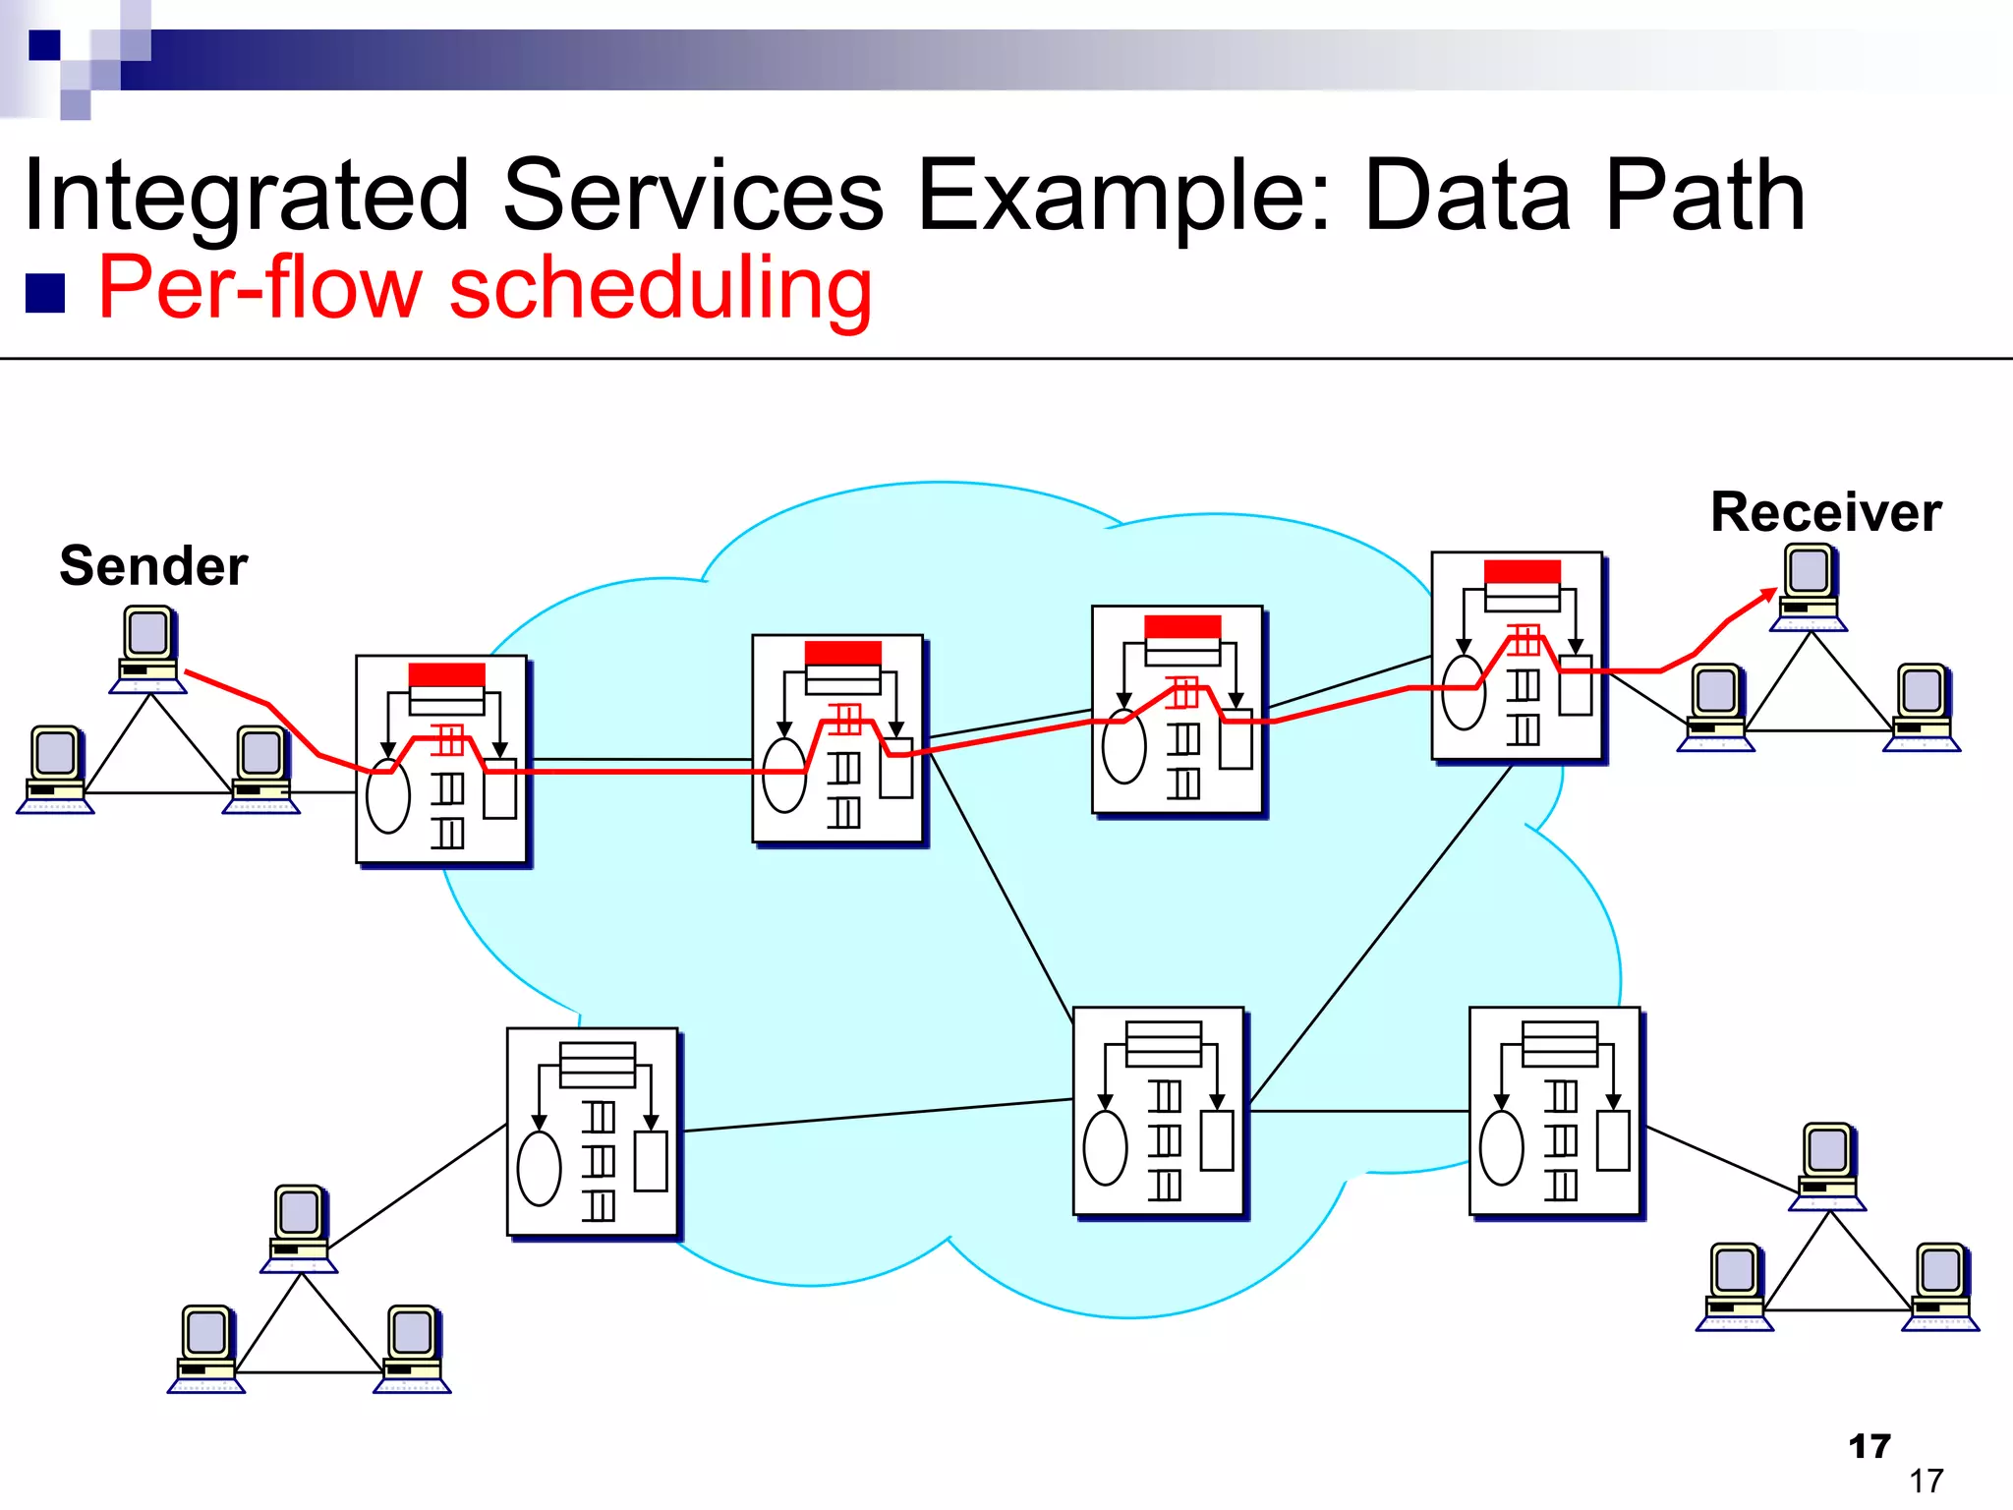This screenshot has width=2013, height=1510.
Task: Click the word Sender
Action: [153, 566]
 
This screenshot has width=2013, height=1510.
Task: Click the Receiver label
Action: [1825, 512]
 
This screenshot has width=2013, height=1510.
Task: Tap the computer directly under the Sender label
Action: [148, 649]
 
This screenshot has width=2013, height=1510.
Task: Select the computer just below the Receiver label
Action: [1809, 587]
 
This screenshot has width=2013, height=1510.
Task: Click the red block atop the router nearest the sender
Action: [446, 674]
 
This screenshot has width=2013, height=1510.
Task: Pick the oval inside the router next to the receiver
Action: [1464, 692]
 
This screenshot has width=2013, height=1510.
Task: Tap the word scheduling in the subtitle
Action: [660, 289]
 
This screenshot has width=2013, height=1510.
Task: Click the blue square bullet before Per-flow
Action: [45, 293]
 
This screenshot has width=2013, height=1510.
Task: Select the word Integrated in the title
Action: [246, 197]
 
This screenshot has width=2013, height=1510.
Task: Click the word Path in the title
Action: [1704, 197]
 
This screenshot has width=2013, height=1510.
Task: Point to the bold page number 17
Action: [1869, 1446]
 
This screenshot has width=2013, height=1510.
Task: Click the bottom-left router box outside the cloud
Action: [592, 1132]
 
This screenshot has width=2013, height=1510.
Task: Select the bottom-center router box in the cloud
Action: [1159, 1111]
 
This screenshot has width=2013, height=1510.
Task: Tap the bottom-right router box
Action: [1555, 1111]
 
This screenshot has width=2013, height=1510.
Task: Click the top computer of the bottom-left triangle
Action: [299, 1228]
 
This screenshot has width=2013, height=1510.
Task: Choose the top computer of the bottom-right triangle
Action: [1827, 1166]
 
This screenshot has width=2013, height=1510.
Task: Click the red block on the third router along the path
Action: [1182, 627]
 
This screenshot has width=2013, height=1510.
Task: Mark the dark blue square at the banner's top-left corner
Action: [44, 45]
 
